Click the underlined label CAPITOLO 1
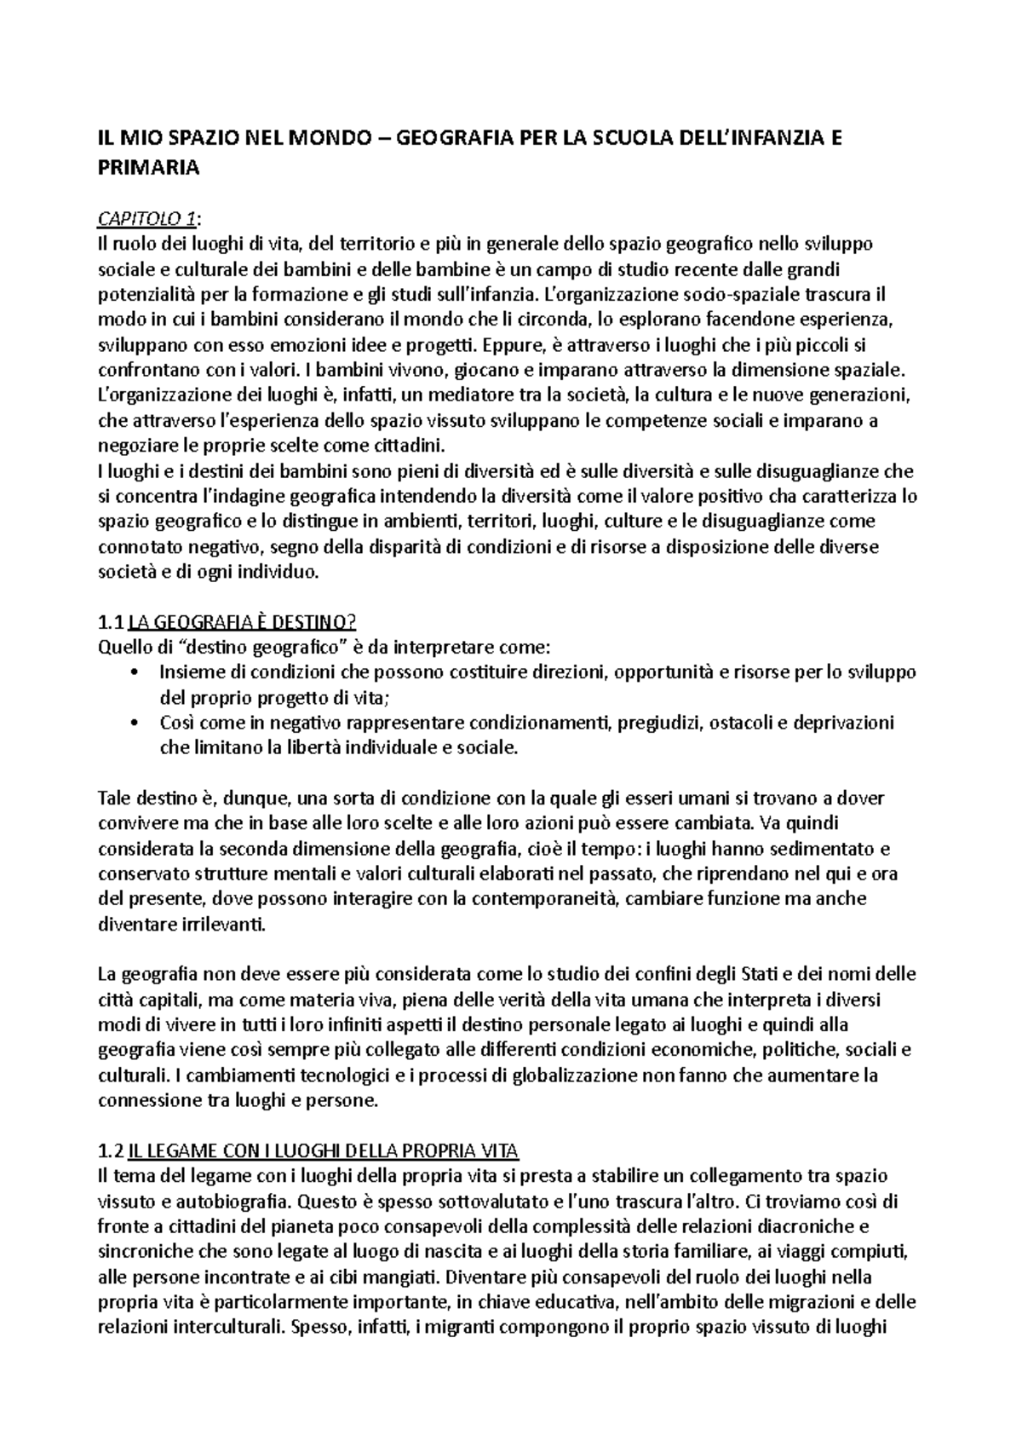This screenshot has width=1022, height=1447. point(146,220)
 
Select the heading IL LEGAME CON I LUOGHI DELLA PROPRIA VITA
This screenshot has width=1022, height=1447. point(322,1151)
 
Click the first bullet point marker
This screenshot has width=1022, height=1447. point(135,672)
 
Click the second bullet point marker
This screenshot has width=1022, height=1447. point(135,723)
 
